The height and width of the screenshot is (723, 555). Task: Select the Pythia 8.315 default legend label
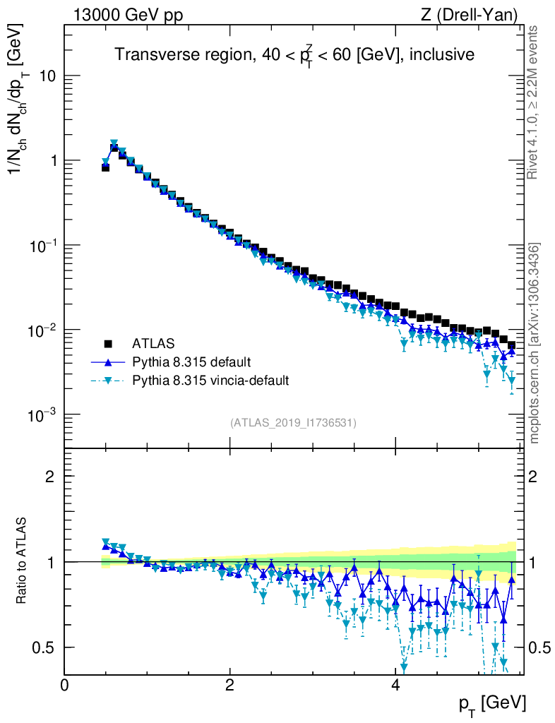point(191,362)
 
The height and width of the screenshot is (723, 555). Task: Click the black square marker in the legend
point(109,344)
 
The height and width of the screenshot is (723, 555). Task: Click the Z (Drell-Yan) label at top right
point(475,15)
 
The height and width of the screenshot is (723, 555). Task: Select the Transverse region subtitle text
point(294,54)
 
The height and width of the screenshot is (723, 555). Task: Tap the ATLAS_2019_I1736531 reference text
point(293,423)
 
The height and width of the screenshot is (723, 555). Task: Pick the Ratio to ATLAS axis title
point(22,562)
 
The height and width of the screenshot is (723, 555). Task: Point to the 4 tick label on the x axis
point(395,686)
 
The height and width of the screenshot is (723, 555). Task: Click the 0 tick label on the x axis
point(65,686)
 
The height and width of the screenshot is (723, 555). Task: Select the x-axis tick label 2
point(230,686)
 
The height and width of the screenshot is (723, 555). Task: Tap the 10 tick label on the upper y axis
point(47,76)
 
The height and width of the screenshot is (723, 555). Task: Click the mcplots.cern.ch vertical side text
point(535,342)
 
